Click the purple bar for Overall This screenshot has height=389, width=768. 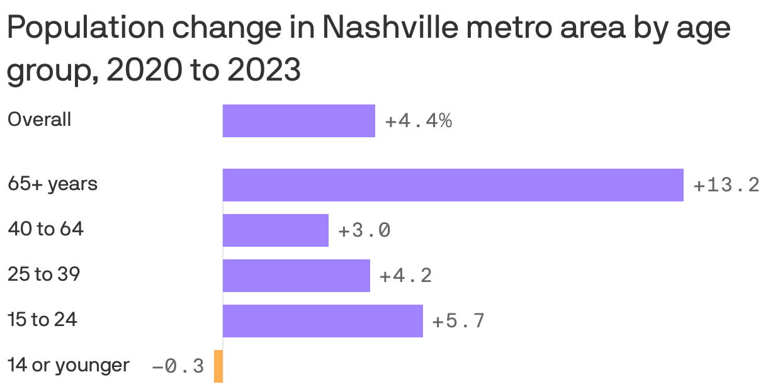298,121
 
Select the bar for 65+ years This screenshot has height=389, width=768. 453,185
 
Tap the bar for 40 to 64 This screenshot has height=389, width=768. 275,230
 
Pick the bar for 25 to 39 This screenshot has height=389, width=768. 296,276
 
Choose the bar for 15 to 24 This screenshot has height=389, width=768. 322,321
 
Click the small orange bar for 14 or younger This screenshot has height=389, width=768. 218,366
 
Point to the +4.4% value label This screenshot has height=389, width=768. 418,121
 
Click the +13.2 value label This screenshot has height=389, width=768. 726,186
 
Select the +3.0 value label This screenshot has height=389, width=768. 364,231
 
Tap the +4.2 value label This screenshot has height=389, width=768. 406,276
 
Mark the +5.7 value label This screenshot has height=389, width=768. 458,322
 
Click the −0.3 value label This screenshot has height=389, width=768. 178,367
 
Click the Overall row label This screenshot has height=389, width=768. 39,120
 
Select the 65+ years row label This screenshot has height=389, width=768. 52,184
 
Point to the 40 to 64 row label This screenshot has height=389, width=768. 45,229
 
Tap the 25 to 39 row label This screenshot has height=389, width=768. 44,274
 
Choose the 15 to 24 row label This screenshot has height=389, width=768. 42,320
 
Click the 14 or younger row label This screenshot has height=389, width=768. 69,365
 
